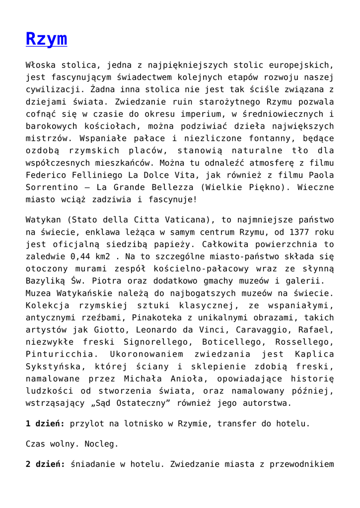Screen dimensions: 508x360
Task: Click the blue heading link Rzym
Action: tap(46, 39)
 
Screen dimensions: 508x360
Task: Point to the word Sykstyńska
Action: tap(52, 367)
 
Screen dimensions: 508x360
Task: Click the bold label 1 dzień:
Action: tap(45, 424)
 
